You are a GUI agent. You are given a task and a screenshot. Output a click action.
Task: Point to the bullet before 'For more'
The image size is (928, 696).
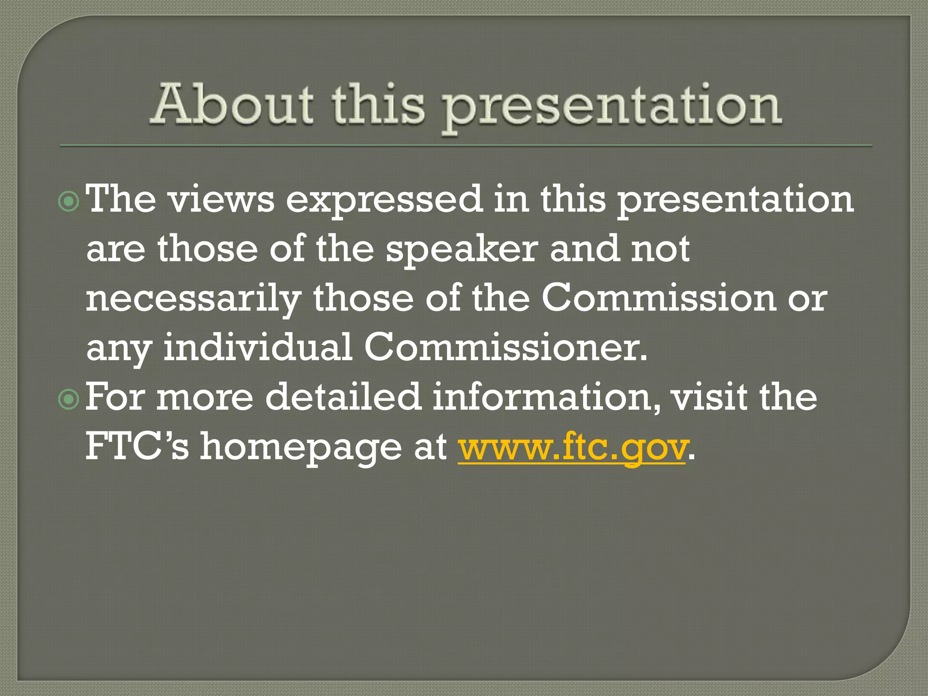tap(69, 399)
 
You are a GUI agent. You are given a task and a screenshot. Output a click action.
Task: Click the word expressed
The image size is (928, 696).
tap(383, 200)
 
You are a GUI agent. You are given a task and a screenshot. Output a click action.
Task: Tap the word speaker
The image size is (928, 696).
tap(462, 250)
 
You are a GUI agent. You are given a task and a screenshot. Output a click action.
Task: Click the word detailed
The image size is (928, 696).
tap(343, 397)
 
